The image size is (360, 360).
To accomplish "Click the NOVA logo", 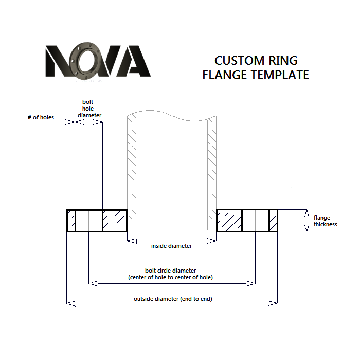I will click(x=98, y=61).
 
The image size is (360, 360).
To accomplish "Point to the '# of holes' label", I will click(x=41, y=118).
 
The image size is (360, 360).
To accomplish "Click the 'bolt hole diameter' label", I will click(x=89, y=109).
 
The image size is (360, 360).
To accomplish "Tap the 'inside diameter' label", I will click(x=171, y=246).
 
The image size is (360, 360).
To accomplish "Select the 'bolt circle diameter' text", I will click(x=171, y=271).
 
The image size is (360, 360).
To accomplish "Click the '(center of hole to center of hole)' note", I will click(x=170, y=278).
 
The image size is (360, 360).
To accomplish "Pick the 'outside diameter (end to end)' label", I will click(x=173, y=299).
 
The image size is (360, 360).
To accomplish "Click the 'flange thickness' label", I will click(x=326, y=221).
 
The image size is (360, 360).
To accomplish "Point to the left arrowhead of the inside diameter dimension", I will click(x=131, y=240).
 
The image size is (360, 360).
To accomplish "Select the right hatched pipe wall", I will click(x=212, y=170).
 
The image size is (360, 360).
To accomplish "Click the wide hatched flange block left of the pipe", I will click(x=114, y=221).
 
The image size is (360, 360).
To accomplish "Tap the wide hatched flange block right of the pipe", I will click(x=229, y=221).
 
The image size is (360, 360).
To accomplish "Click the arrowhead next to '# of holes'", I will click(x=71, y=122).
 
